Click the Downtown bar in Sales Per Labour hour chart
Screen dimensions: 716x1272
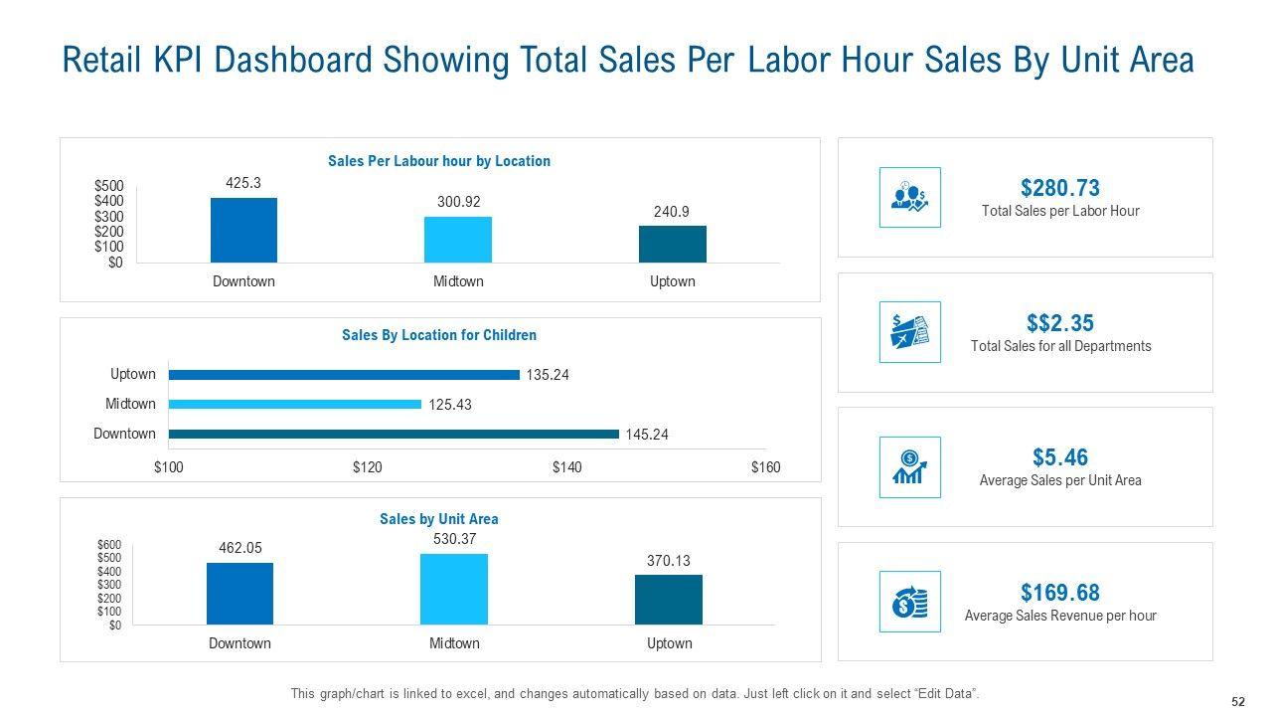(x=243, y=230)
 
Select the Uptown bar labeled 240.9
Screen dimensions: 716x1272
(x=672, y=244)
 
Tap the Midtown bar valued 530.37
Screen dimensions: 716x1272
(x=454, y=589)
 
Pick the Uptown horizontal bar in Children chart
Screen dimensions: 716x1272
(x=344, y=375)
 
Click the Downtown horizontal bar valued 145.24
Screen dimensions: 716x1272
(x=394, y=434)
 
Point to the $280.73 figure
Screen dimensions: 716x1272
(x=1059, y=188)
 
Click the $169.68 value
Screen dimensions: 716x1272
(x=1059, y=593)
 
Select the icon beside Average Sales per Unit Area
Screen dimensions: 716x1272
(x=909, y=467)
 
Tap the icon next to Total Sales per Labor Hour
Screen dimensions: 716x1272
(x=909, y=197)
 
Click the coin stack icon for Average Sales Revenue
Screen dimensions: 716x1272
(x=909, y=602)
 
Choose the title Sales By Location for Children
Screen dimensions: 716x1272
(x=439, y=335)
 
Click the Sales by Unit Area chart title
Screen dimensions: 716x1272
(x=439, y=519)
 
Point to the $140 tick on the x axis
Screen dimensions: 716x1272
(x=566, y=467)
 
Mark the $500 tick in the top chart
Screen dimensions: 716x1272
(x=109, y=186)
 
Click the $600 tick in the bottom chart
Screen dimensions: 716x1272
(x=109, y=544)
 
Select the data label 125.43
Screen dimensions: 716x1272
(x=450, y=405)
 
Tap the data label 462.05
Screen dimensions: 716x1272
(x=239, y=548)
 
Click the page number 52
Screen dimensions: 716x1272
(x=1238, y=701)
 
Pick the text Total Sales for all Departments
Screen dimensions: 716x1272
(x=1060, y=346)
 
